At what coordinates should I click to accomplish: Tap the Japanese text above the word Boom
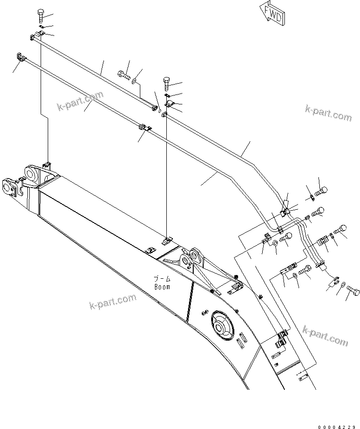click(161, 279)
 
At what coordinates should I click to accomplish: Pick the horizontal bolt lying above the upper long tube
click(123, 74)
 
